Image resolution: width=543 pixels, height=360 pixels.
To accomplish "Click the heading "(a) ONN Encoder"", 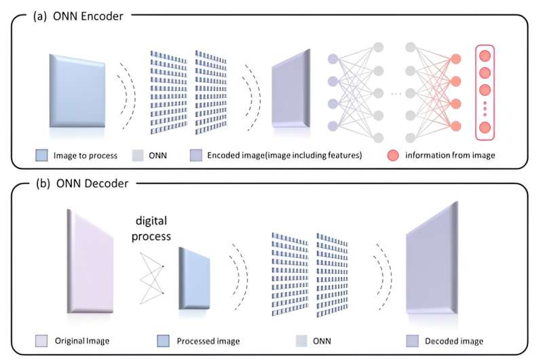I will coord(78,16).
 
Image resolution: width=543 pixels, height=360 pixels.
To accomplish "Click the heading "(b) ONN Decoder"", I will coord(78,183).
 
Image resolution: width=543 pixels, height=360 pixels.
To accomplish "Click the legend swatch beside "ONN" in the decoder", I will coord(305,340).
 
